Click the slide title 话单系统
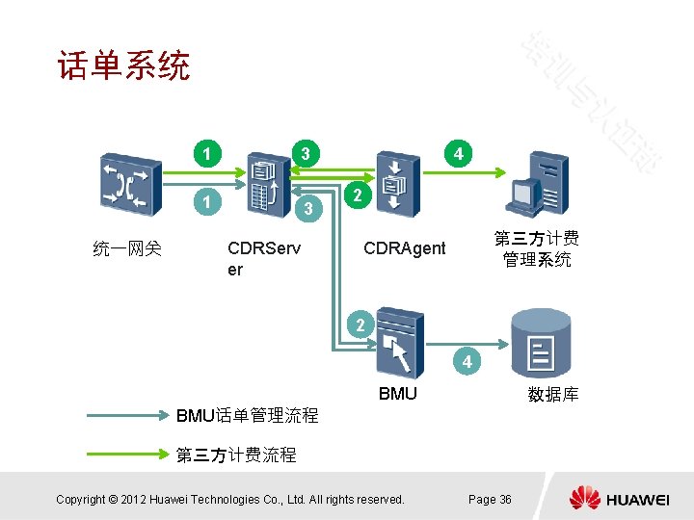123,66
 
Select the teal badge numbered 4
467,363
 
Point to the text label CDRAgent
404,248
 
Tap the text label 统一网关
127,249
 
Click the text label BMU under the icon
398,393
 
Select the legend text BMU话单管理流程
247,416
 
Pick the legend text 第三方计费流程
236,455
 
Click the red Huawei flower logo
584,499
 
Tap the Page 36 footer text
490,499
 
